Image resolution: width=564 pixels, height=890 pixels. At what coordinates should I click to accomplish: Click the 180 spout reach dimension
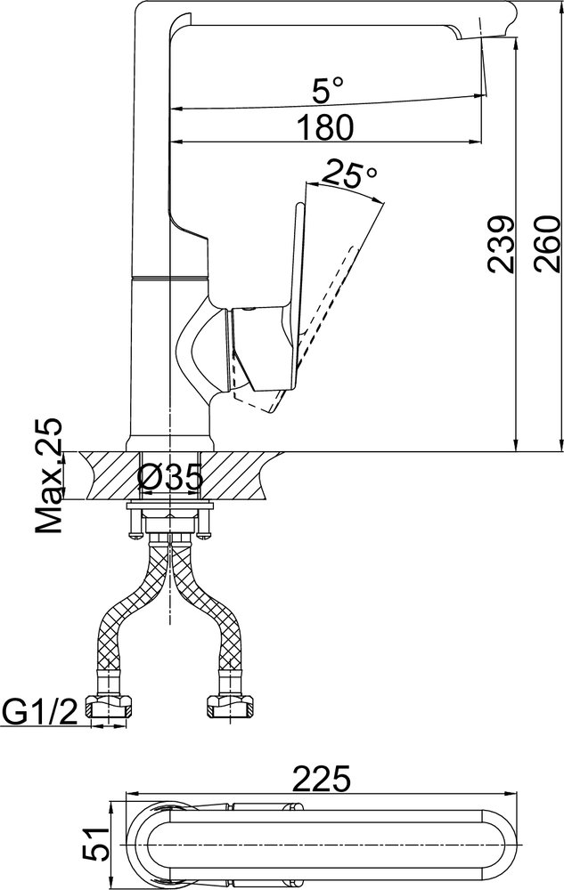[326, 127]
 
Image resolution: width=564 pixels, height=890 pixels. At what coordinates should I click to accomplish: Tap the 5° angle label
[328, 90]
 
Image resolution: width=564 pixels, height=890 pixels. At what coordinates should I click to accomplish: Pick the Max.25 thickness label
[49, 476]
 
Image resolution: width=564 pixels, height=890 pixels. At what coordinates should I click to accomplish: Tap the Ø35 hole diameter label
[170, 477]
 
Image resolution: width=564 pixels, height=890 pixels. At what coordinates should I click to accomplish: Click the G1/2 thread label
[40, 712]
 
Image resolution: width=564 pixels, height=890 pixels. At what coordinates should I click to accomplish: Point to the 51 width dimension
[94, 844]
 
